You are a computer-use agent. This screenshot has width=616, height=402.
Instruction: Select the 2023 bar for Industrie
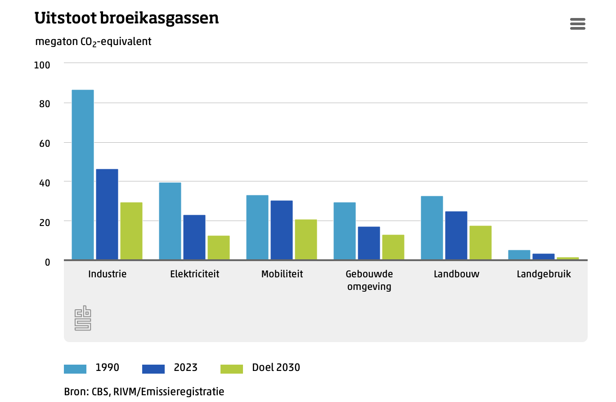[x=107, y=214]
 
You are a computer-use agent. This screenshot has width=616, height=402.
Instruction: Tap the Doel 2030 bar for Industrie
[x=131, y=231]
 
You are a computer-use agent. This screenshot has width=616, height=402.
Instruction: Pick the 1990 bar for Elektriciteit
[x=170, y=221]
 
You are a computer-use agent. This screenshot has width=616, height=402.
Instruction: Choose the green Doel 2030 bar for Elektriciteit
[x=219, y=248]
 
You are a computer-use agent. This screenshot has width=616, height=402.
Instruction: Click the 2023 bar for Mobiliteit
[x=282, y=230]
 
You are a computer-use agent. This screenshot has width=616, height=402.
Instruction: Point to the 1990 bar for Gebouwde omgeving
[x=345, y=231]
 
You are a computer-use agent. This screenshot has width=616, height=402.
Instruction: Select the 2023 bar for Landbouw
[x=456, y=235]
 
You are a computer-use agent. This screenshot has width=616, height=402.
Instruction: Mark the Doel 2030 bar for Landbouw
[x=481, y=243]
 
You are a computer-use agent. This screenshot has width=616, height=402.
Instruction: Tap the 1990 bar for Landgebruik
[x=519, y=255]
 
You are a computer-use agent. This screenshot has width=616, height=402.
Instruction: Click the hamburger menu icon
[x=578, y=24]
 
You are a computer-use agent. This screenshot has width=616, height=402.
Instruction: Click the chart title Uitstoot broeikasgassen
[x=127, y=18]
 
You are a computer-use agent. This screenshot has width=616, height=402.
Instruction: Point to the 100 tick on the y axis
[x=42, y=65]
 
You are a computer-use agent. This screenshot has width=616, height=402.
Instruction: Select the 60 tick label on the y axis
[x=44, y=144]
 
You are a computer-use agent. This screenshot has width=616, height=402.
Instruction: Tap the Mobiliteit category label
[x=282, y=274]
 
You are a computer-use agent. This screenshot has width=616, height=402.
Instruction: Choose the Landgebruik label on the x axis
[x=544, y=274]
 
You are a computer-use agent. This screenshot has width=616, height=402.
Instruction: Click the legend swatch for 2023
[x=153, y=369]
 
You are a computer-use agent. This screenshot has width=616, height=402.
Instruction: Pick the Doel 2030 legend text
[x=276, y=367]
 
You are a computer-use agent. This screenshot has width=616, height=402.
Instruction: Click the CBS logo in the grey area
[x=83, y=318]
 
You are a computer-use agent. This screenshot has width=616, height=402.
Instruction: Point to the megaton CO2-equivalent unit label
[x=93, y=42]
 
